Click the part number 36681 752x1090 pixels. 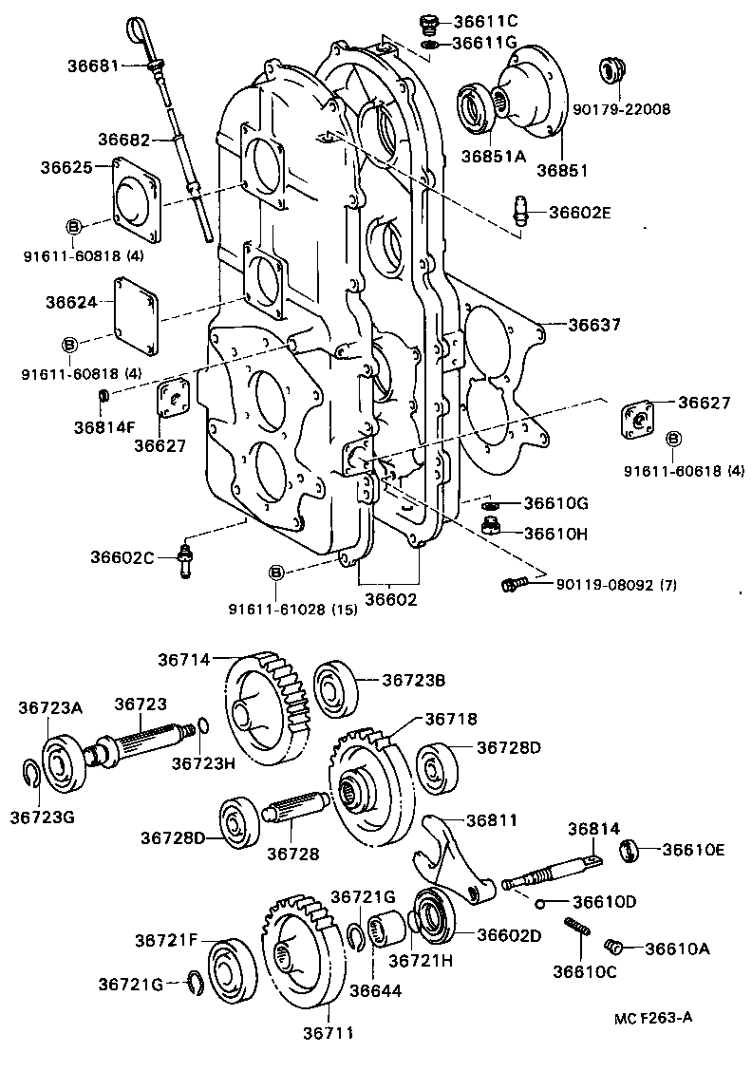point(93,66)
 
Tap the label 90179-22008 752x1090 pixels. point(621,109)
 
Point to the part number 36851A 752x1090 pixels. point(494,157)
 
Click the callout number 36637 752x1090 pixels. point(594,325)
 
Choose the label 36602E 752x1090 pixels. point(579,212)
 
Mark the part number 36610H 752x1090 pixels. point(555,534)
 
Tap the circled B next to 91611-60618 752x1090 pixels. point(673,438)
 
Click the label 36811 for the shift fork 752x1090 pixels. point(490,819)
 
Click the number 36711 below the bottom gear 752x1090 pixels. point(329,1033)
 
